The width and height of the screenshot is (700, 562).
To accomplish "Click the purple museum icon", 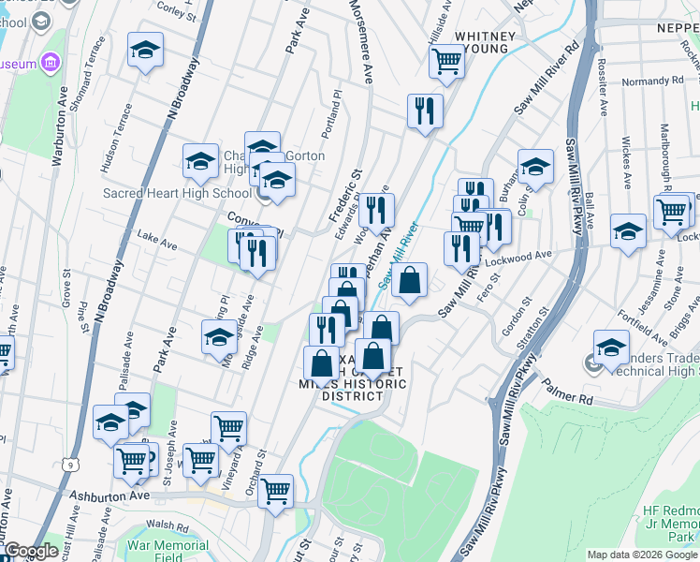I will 50,64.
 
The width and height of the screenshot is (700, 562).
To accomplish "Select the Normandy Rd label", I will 647,81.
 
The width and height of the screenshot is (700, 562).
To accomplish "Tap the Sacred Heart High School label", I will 178,194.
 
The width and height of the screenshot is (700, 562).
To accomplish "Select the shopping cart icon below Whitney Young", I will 446,61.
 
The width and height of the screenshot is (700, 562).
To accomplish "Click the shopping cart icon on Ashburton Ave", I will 275,490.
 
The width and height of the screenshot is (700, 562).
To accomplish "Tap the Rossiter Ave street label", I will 602,94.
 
